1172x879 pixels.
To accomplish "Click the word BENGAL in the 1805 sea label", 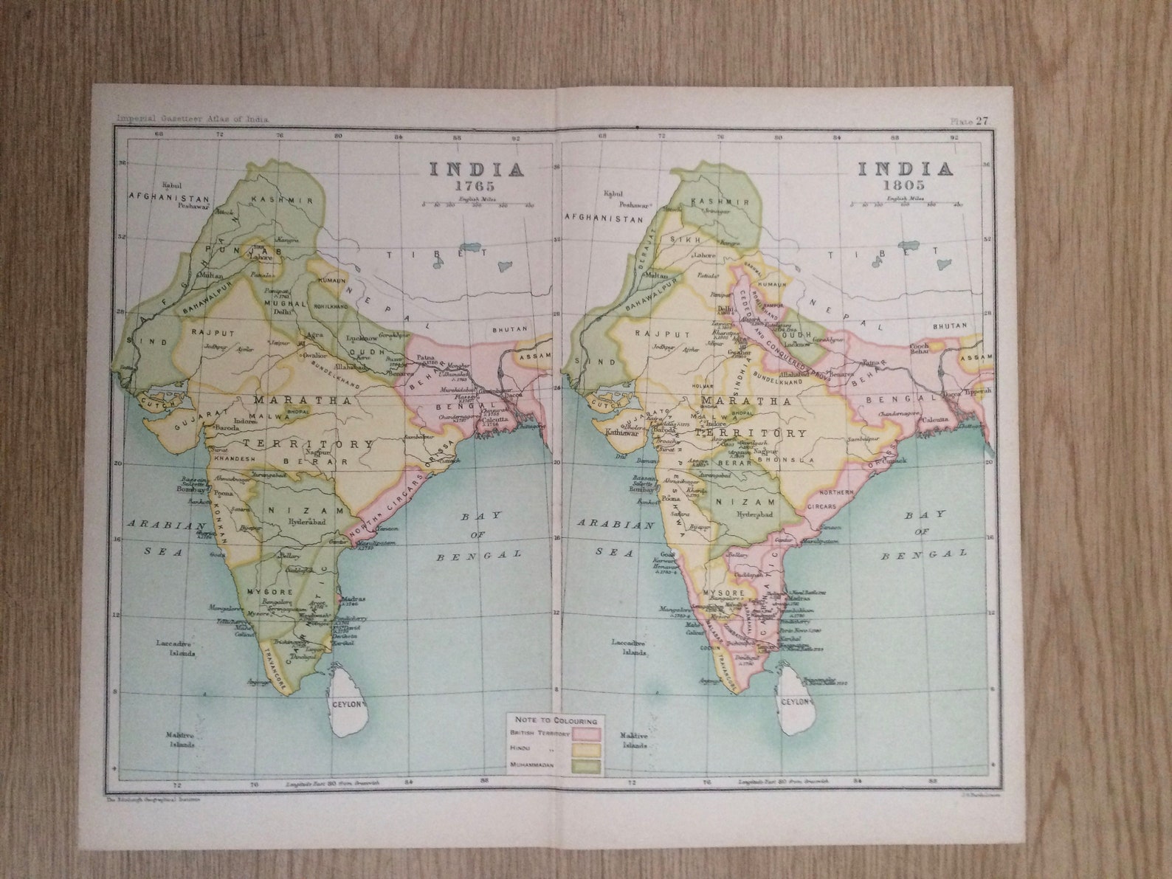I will coord(923,554).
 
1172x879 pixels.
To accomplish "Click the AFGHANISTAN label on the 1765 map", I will coord(170,198).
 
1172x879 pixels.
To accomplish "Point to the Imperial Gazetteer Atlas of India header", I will coord(193,119).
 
